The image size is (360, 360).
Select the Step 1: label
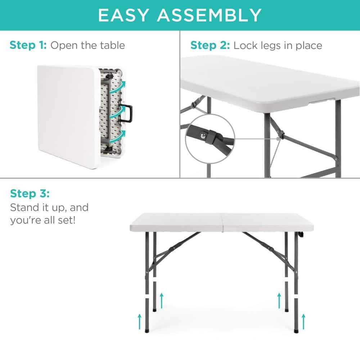coord(28,45)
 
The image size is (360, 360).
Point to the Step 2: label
coord(210,45)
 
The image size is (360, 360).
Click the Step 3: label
coord(30,193)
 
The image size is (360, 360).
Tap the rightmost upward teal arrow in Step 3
coord(303,319)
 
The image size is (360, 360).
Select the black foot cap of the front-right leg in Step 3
coord(296,329)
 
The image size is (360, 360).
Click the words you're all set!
coord(43,220)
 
